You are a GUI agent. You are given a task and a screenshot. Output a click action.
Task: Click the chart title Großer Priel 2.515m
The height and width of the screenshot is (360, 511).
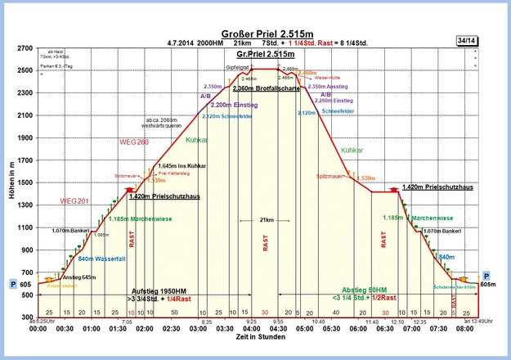click(x=256, y=12)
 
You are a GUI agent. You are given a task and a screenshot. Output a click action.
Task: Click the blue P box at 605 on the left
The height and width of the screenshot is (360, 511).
click(x=12, y=284)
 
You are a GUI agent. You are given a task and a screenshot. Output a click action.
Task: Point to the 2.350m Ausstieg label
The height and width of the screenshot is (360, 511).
click(x=328, y=86)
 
